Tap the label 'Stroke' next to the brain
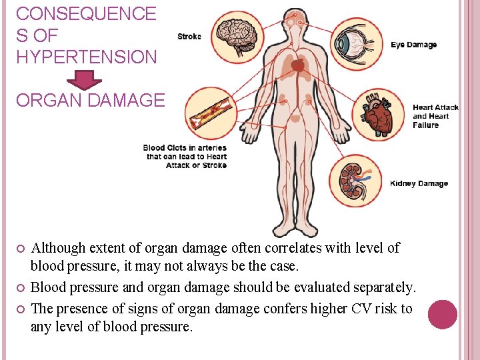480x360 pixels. (x=189, y=37)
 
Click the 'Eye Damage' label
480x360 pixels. (x=413, y=45)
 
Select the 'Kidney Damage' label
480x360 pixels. (x=419, y=183)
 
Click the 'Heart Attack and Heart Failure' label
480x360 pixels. (x=435, y=116)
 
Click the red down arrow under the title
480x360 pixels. (x=85, y=79)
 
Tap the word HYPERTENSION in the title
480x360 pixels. (x=86, y=57)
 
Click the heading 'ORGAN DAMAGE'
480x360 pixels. (x=90, y=101)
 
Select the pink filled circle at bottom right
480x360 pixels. (x=442, y=314)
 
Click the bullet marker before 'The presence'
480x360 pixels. (x=19, y=309)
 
